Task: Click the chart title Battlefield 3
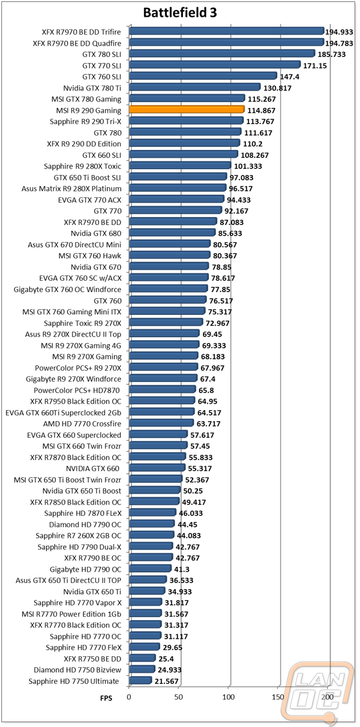pyautogui.click(x=180, y=13)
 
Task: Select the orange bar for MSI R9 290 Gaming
pyautogui.click(x=187, y=109)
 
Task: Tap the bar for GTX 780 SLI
pyautogui.click(x=222, y=53)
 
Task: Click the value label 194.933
pyautogui.click(x=339, y=32)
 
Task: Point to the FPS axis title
pyautogui.click(x=106, y=698)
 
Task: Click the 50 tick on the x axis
pyautogui.click(x=179, y=697)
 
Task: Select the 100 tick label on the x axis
pyautogui.click(x=229, y=697)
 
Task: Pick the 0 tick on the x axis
pyautogui.click(x=129, y=697)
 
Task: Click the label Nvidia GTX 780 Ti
pyautogui.click(x=92, y=88)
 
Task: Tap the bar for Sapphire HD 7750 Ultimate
pyautogui.click(x=140, y=680)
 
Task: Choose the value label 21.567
pyautogui.click(x=167, y=681)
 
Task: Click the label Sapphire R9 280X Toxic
pyautogui.click(x=82, y=166)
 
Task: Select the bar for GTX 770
pyautogui.click(x=176, y=210)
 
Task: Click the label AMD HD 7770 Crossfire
pyautogui.click(x=82, y=423)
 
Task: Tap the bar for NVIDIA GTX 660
pyautogui.click(x=157, y=467)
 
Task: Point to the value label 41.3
pyautogui.click(x=182, y=569)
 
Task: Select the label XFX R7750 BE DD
pyautogui.click(x=92, y=659)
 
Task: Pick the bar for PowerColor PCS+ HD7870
pyautogui.click(x=163, y=389)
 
